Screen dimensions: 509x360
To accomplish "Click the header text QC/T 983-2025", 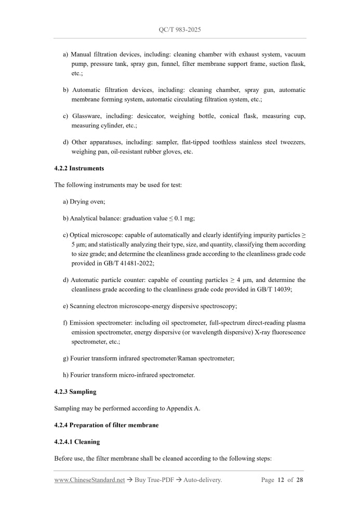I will [x=180, y=30].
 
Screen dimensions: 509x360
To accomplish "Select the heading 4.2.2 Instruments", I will [x=79, y=168].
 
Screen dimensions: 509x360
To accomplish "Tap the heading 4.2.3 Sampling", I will [x=75, y=392].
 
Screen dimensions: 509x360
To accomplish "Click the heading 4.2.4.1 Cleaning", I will [x=77, y=442].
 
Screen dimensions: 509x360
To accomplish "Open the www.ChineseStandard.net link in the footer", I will [x=89, y=480].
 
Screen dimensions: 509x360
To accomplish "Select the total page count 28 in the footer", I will [x=300, y=480].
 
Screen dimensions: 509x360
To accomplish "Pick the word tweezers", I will [x=292, y=142].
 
